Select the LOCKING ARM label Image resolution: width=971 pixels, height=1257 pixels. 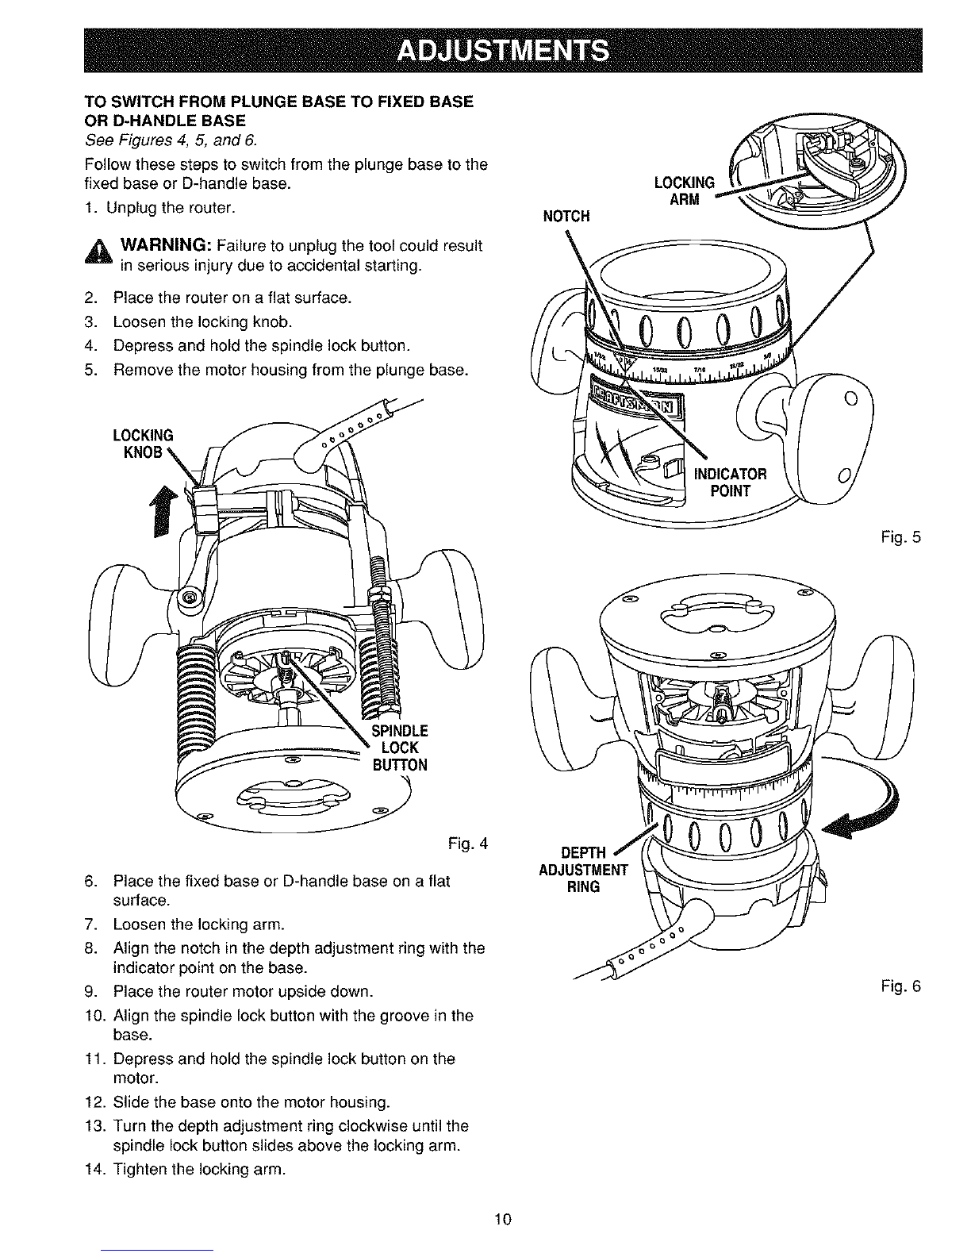point(685,190)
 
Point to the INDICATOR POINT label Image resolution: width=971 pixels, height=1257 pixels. point(730,482)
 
